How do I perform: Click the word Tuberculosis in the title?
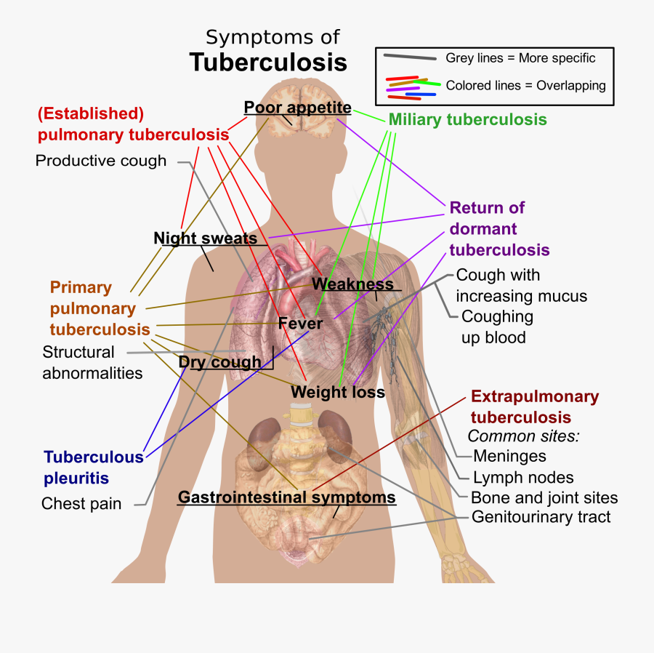click(x=268, y=63)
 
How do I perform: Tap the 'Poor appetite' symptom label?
click(x=297, y=108)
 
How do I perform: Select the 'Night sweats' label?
click(x=205, y=239)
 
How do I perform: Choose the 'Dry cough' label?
click(x=219, y=362)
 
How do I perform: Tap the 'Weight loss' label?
click(x=337, y=392)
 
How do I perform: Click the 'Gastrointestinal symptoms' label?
click(x=286, y=498)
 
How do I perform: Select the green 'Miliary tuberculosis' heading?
click(x=467, y=119)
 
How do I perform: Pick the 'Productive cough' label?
click(x=101, y=161)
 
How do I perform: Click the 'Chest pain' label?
click(x=81, y=503)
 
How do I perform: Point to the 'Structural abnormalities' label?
click(x=92, y=362)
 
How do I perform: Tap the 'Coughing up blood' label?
click(x=496, y=327)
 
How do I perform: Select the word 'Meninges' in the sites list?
click(x=509, y=456)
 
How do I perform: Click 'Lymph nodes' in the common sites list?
click(x=523, y=478)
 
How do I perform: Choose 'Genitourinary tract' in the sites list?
click(x=541, y=517)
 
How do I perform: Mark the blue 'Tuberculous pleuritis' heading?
click(x=93, y=468)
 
